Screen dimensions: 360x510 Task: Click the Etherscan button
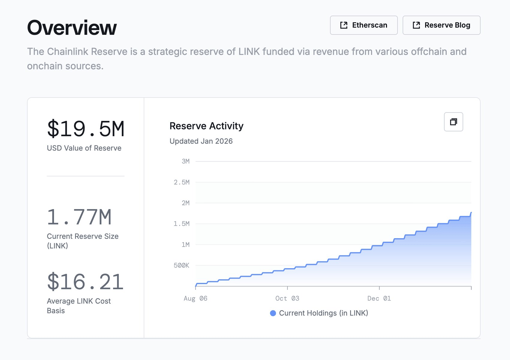(x=364, y=25)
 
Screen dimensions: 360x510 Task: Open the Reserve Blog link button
(x=441, y=25)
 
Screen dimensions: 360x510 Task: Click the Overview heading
(x=72, y=28)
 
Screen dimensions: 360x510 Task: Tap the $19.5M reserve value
(x=85, y=129)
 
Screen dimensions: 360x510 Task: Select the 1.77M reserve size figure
(x=79, y=217)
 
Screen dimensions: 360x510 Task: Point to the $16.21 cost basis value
(x=85, y=282)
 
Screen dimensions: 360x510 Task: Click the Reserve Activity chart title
(x=206, y=126)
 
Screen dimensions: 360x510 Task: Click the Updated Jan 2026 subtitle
(x=201, y=141)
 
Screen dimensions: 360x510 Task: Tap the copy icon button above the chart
(x=453, y=122)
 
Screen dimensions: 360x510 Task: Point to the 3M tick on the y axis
(x=185, y=161)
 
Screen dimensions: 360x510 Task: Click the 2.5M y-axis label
(x=181, y=182)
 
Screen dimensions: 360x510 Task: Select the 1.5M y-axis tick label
(x=181, y=224)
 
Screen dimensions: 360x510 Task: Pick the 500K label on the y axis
(x=181, y=265)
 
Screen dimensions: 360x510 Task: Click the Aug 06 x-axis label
(x=195, y=298)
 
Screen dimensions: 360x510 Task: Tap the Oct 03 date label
(x=287, y=298)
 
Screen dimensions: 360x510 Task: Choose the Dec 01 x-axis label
(x=379, y=298)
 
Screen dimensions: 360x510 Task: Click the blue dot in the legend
(x=273, y=313)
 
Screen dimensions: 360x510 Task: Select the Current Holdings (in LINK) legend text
(x=323, y=313)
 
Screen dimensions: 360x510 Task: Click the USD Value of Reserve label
(x=84, y=148)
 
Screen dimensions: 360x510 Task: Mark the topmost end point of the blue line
(x=471, y=213)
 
